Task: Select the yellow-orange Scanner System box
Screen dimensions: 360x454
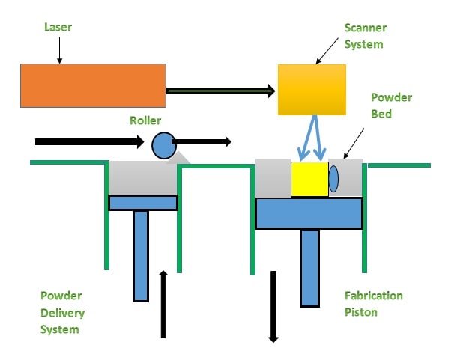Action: click(312, 89)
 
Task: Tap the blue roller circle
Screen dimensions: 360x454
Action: click(163, 145)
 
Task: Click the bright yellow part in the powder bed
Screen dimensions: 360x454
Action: click(309, 179)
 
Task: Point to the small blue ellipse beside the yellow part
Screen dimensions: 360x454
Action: click(333, 180)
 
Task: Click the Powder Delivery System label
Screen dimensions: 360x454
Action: click(63, 311)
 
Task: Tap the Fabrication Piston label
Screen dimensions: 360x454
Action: click(373, 303)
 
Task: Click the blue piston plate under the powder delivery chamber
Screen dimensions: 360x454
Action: click(142, 203)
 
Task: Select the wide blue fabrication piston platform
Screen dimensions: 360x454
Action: click(309, 213)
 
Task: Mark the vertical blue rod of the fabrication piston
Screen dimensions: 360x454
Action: click(310, 266)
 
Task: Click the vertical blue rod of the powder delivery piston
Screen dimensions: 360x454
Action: click(141, 254)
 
